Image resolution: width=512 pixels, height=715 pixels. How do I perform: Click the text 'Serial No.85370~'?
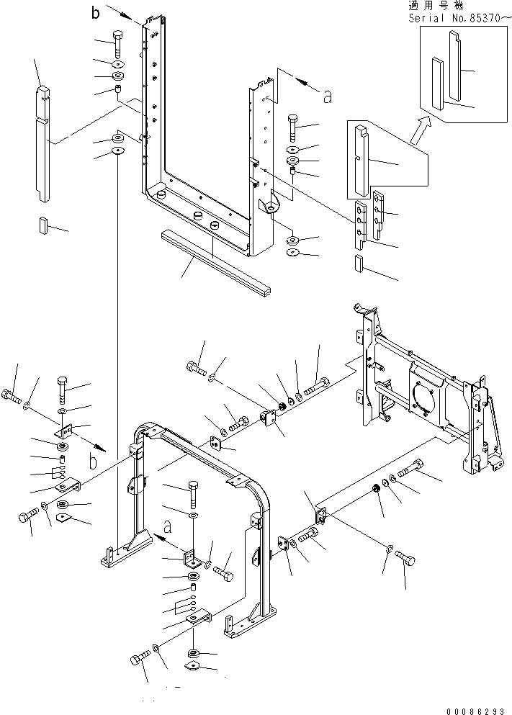(459, 19)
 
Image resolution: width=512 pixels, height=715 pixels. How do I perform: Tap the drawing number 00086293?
(475, 711)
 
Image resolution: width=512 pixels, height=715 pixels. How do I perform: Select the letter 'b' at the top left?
(95, 13)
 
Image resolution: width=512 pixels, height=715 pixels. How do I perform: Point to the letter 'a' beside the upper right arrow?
(328, 96)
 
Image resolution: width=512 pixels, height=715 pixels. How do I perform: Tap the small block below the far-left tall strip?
(43, 225)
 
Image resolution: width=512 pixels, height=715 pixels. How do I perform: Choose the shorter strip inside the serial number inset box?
(438, 84)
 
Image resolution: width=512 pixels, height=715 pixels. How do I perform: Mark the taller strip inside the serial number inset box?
(455, 66)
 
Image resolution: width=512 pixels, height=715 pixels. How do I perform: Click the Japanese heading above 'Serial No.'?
(436, 6)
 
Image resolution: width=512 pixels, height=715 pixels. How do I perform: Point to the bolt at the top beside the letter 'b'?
(117, 42)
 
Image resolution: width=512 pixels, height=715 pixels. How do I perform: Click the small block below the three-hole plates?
(358, 263)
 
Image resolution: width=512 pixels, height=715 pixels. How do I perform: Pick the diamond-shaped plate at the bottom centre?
(192, 666)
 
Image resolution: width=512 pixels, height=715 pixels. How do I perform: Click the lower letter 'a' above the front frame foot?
(168, 527)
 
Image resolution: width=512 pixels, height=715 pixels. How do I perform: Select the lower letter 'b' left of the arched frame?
(94, 462)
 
